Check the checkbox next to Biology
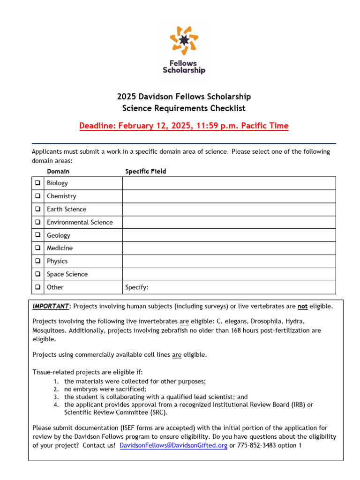tap(37, 183)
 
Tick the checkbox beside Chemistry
tap(37, 196)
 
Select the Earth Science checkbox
tap(37, 210)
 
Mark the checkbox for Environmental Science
tap(37, 222)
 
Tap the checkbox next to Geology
tap(37, 235)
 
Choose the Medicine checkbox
tap(37, 248)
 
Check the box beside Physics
tap(37, 261)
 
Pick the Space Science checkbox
tap(37, 274)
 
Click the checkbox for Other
tap(37, 287)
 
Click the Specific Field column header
tap(145, 172)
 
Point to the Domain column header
tap(58, 172)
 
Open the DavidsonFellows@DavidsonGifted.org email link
tap(173, 445)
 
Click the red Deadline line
tap(184, 126)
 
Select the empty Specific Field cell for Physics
tap(229, 261)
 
